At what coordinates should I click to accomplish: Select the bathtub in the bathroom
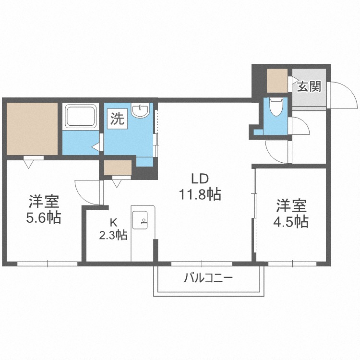coord(81,117)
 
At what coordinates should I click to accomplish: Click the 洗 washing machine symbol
coord(117,119)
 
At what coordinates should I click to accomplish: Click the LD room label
coord(199,180)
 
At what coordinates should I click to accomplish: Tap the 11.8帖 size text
coord(200,194)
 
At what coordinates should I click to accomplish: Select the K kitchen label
coord(113,222)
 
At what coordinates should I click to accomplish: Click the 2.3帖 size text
coord(113,235)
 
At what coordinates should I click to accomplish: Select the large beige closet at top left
coord(32,128)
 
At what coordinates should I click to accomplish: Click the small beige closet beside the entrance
coord(277,81)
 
